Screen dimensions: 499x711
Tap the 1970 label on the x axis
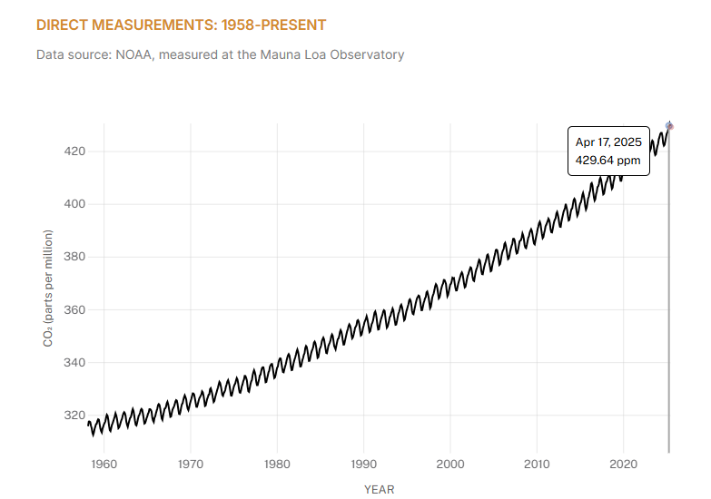tap(190, 465)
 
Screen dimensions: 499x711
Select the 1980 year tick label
tap(277, 465)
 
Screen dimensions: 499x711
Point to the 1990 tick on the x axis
tap(363, 465)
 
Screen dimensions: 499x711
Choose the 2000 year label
tap(450, 465)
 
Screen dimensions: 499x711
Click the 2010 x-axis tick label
tap(537, 465)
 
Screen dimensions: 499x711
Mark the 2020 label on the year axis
tap(624, 465)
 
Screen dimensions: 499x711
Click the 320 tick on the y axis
tap(74, 416)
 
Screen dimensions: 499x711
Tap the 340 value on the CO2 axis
tap(74, 363)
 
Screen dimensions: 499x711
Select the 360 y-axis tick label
tap(74, 310)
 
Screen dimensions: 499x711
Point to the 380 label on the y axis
tap(74, 257)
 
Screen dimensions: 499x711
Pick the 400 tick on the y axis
tap(74, 204)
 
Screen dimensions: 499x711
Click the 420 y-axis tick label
tap(74, 152)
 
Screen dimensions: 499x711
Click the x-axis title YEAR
tap(380, 490)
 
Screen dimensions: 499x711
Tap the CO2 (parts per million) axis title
tap(48, 289)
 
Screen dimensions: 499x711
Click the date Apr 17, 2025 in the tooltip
tap(608, 142)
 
